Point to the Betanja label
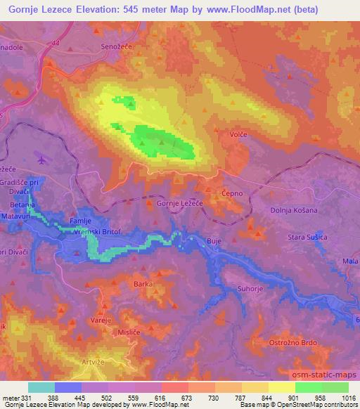coord(22,205)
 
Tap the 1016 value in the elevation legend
coord(349,399)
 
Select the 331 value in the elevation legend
coord(27,399)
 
